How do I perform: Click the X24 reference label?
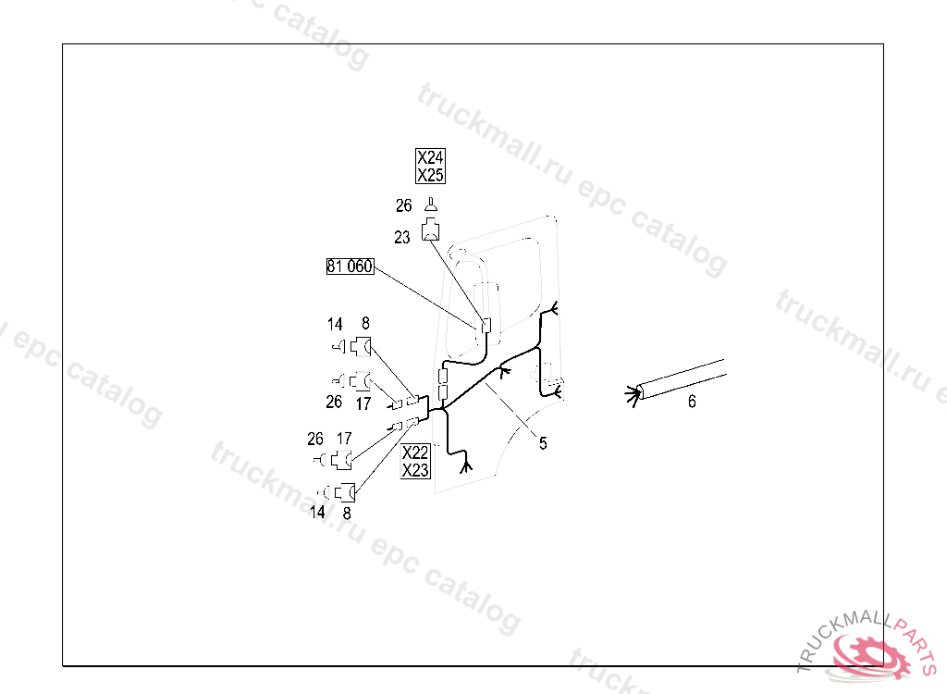(x=430, y=157)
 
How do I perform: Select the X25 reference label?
(x=430, y=175)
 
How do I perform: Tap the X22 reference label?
(x=415, y=452)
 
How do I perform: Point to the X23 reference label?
(x=415, y=470)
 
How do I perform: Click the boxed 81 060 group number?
(x=349, y=266)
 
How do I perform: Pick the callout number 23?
(x=401, y=238)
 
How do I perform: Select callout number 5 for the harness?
(x=543, y=443)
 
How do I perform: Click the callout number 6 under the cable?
(x=692, y=402)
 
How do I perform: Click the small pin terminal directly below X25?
(x=431, y=204)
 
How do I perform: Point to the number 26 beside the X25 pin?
(x=403, y=204)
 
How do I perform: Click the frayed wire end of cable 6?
(x=634, y=395)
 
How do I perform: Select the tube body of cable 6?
(x=684, y=378)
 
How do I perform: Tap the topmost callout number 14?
(x=335, y=325)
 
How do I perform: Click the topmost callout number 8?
(x=365, y=323)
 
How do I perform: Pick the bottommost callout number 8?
(x=347, y=512)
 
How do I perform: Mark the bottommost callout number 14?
(x=317, y=512)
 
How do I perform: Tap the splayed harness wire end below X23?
(x=466, y=463)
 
